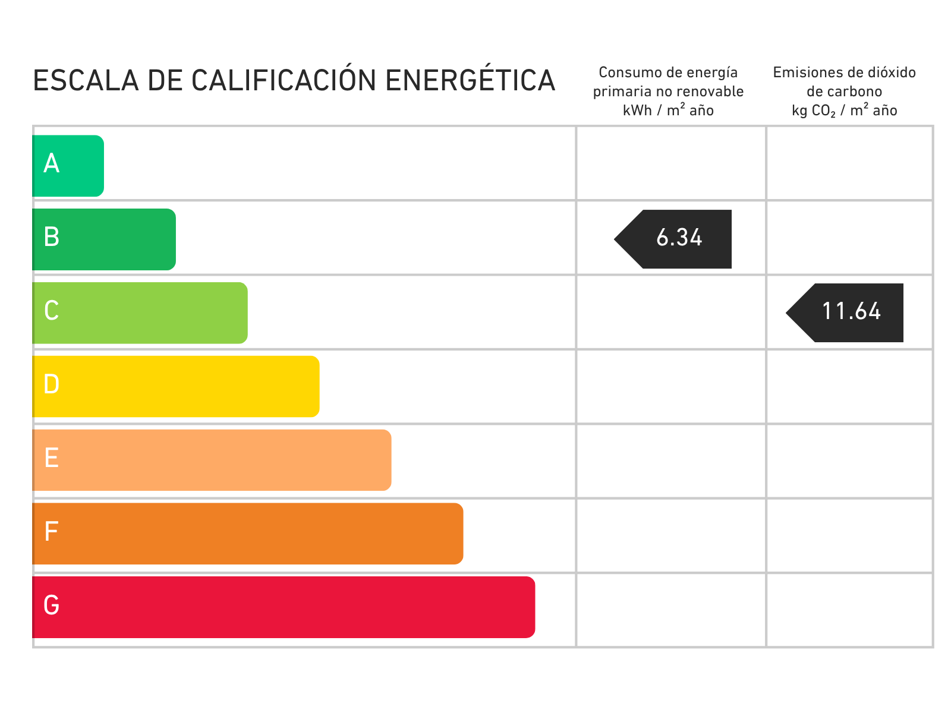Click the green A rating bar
click(68, 166)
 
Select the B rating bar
click(104, 239)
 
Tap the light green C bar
click(140, 313)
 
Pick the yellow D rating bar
click(176, 387)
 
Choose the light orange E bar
click(212, 460)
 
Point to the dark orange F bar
click(248, 534)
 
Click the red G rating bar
click(284, 607)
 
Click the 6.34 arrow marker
click(673, 239)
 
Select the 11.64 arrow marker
click(845, 313)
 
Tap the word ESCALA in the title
click(86, 81)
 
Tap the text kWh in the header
click(637, 111)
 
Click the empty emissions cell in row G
click(849, 610)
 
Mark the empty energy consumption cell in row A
click(671, 163)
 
